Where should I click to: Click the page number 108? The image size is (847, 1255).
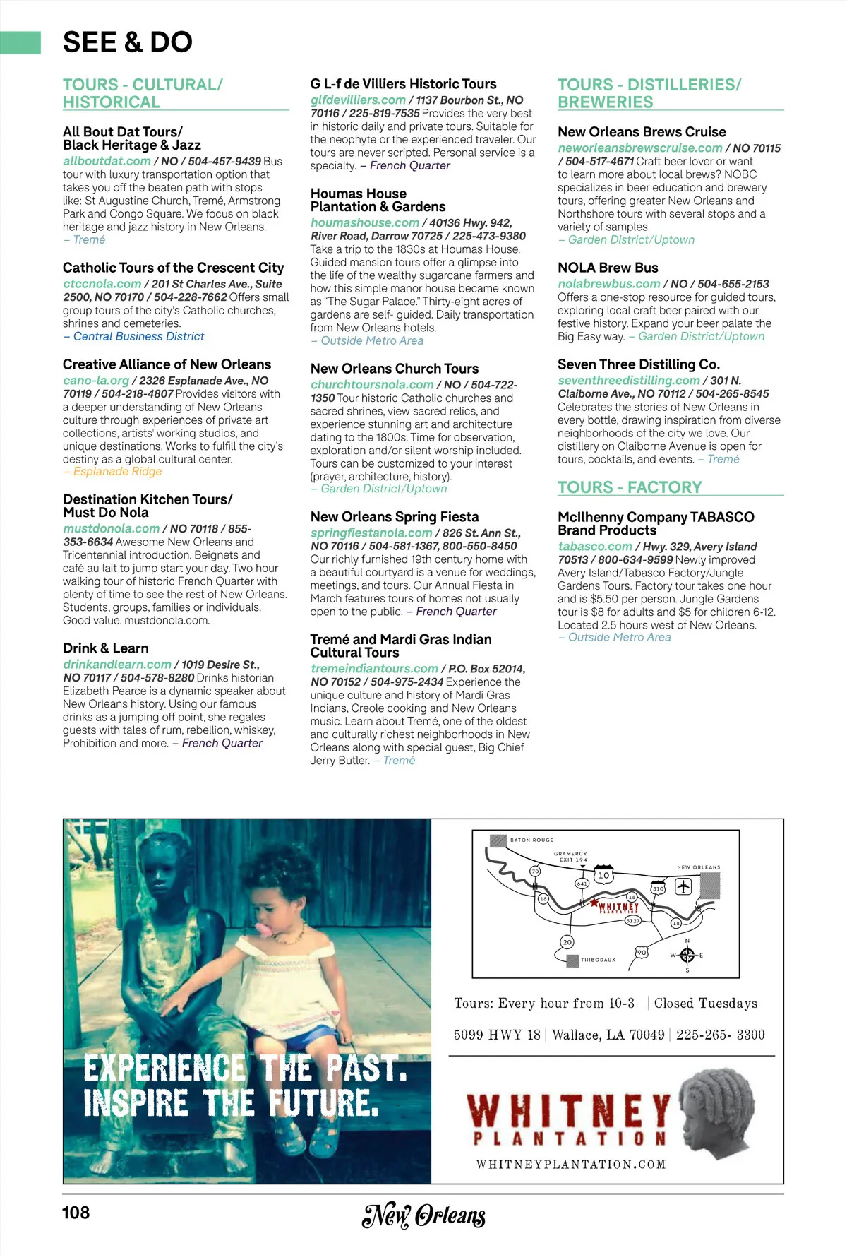(x=76, y=1213)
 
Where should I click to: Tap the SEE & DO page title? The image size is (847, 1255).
(x=128, y=42)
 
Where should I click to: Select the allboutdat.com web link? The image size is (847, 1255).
(x=107, y=161)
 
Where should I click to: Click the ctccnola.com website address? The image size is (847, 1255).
(x=102, y=284)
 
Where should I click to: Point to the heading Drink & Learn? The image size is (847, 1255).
(x=106, y=648)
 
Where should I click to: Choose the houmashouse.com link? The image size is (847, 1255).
(x=365, y=222)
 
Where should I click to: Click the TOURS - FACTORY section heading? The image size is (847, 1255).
(x=630, y=487)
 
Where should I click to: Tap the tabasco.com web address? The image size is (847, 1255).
(x=595, y=547)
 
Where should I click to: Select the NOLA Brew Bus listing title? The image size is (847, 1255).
(x=608, y=268)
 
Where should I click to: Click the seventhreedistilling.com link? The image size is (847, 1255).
(x=628, y=381)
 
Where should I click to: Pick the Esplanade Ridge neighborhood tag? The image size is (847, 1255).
(x=117, y=472)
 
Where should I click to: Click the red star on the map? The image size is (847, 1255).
(x=594, y=903)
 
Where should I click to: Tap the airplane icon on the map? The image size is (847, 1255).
(x=683, y=886)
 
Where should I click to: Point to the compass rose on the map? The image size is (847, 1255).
(x=687, y=956)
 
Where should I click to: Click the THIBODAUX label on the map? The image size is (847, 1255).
(x=598, y=960)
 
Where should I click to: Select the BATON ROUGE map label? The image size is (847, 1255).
(x=531, y=840)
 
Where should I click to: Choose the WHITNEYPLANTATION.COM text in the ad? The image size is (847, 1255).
(x=570, y=1165)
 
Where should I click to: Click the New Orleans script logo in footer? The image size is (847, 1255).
(x=423, y=1215)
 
